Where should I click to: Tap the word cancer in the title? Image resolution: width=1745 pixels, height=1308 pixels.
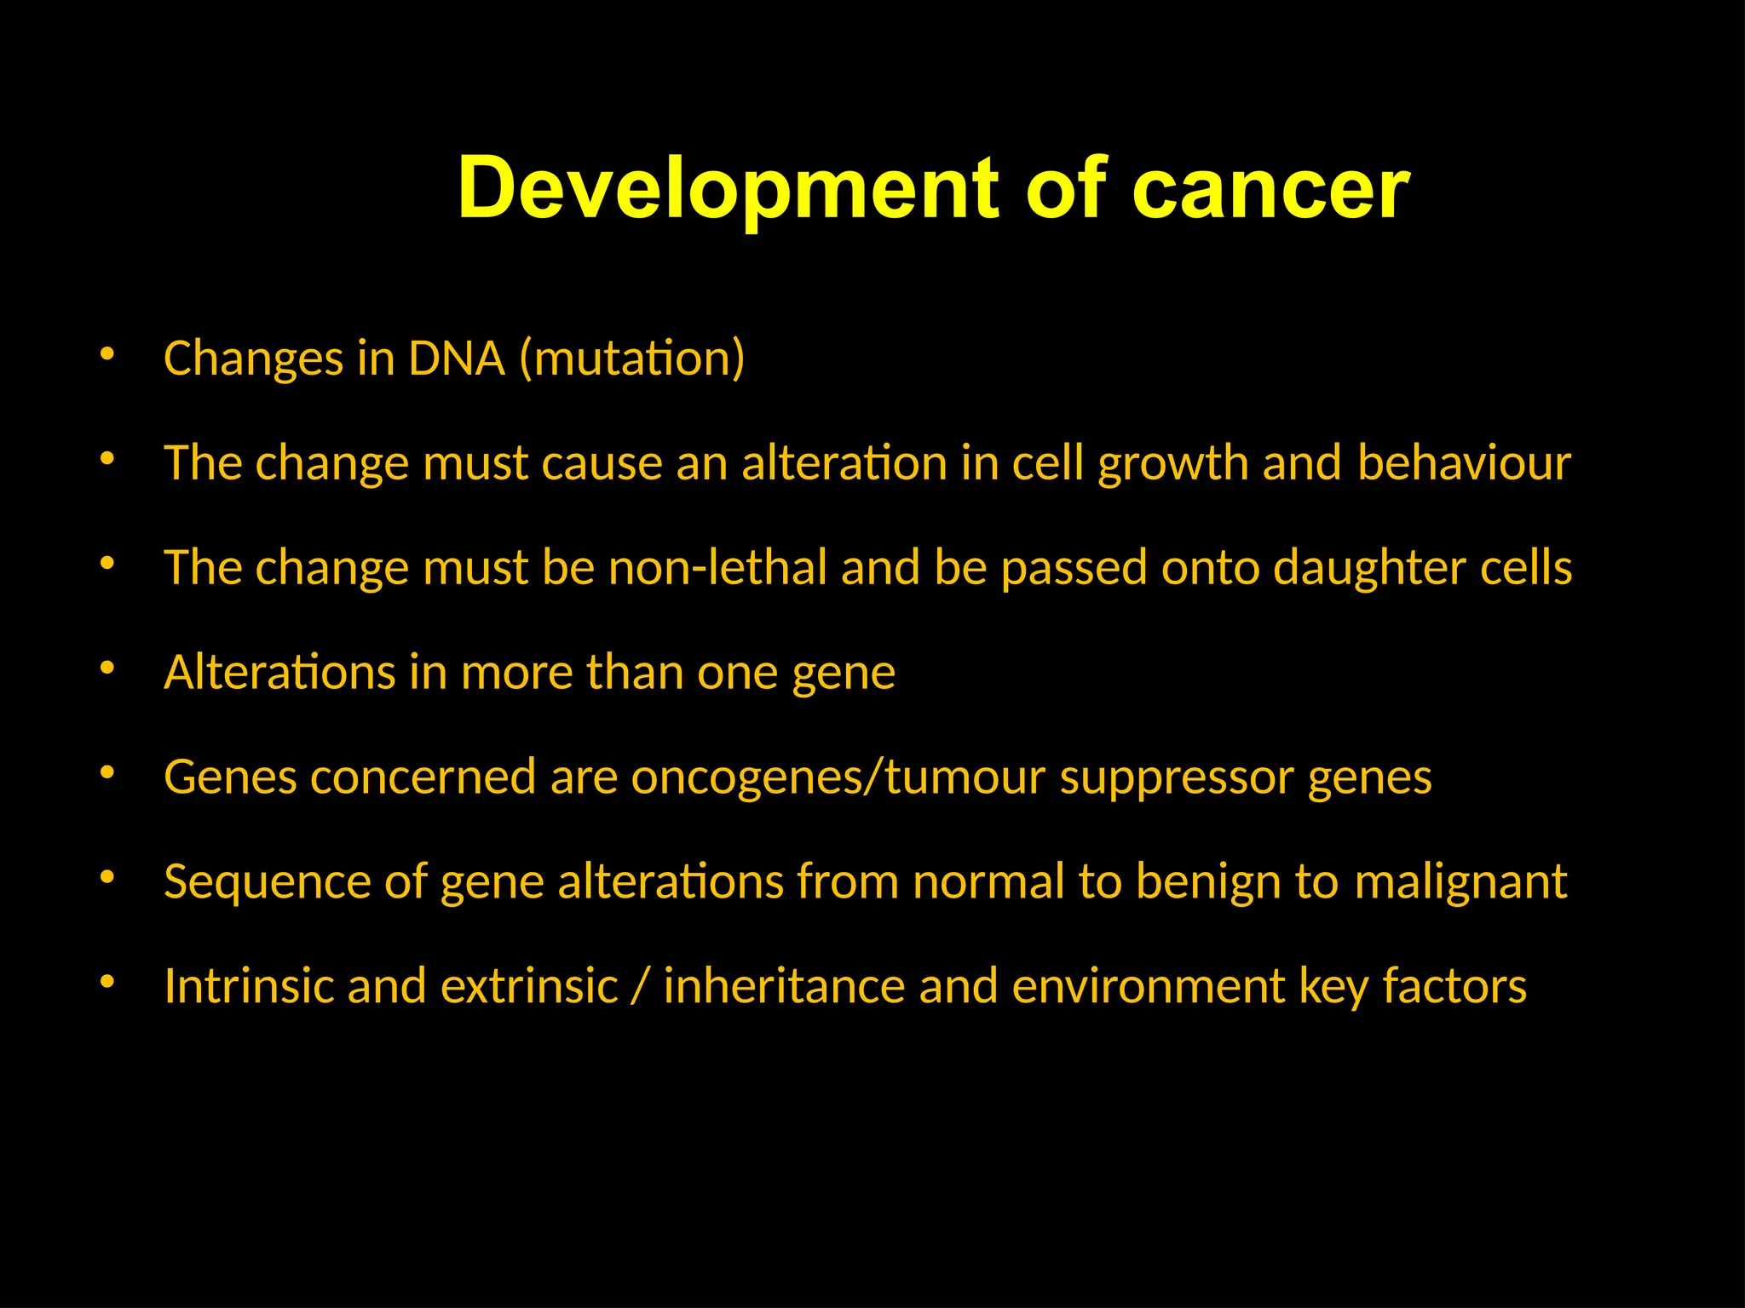(1270, 189)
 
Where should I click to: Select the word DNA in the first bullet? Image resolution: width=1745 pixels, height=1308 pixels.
(457, 358)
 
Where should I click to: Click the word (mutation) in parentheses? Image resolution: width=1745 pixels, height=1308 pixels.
(632, 358)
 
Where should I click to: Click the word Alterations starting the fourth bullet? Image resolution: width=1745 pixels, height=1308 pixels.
(279, 672)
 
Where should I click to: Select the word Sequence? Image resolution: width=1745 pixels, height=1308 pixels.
(267, 882)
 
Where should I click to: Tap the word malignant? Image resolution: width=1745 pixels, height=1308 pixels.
(1460, 882)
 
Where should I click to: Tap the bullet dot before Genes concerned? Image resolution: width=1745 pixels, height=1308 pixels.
(107, 773)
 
